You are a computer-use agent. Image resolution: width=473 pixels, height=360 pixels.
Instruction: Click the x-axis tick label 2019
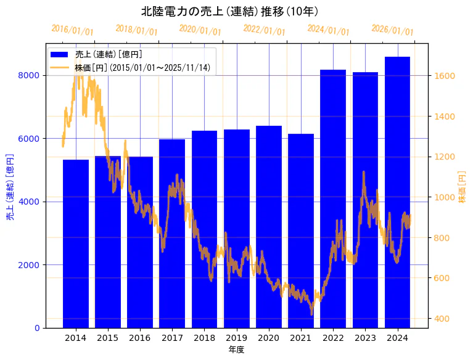[236, 338]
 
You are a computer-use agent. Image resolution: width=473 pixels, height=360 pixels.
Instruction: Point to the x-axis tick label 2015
[108, 338]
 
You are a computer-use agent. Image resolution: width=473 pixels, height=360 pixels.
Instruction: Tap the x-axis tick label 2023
[365, 338]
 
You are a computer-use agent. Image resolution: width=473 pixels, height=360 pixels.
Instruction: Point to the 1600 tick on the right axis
[445, 76]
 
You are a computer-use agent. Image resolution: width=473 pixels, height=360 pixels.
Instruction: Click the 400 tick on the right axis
[443, 319]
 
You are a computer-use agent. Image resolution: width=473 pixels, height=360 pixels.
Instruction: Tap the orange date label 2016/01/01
[72, 30]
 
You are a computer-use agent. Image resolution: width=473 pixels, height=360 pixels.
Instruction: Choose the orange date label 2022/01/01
[265, 30]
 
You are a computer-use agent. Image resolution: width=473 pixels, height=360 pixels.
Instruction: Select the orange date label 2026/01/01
[393, 30]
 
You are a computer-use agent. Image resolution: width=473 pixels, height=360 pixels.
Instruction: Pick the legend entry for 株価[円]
[142, 67]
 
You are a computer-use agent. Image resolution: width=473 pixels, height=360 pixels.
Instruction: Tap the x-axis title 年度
[236, 350]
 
